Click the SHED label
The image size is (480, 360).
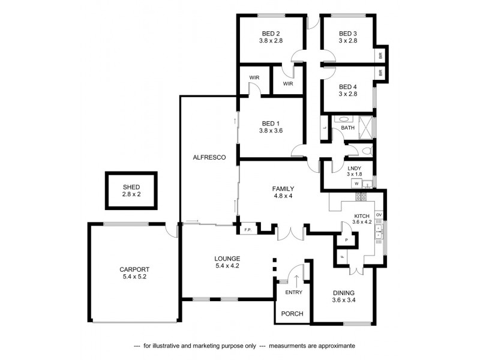tap(131, 187)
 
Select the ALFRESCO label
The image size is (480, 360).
tap(209, 157)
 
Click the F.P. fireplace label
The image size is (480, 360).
tap(247, 230)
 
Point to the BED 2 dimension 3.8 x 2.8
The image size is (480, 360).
tap(271, 41)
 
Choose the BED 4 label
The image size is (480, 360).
tap(348, 86)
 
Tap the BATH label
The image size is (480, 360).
tap(348, 128)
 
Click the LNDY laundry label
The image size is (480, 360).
tap(353, 169)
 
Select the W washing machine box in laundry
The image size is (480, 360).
tap(356, 183)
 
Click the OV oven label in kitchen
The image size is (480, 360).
tap(379, 214)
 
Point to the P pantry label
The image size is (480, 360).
tap(346, 240)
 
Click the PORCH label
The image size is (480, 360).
tap(292, 314)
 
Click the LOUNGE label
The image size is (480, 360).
tap(227, 259)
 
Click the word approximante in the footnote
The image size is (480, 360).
tap(335, 346)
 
